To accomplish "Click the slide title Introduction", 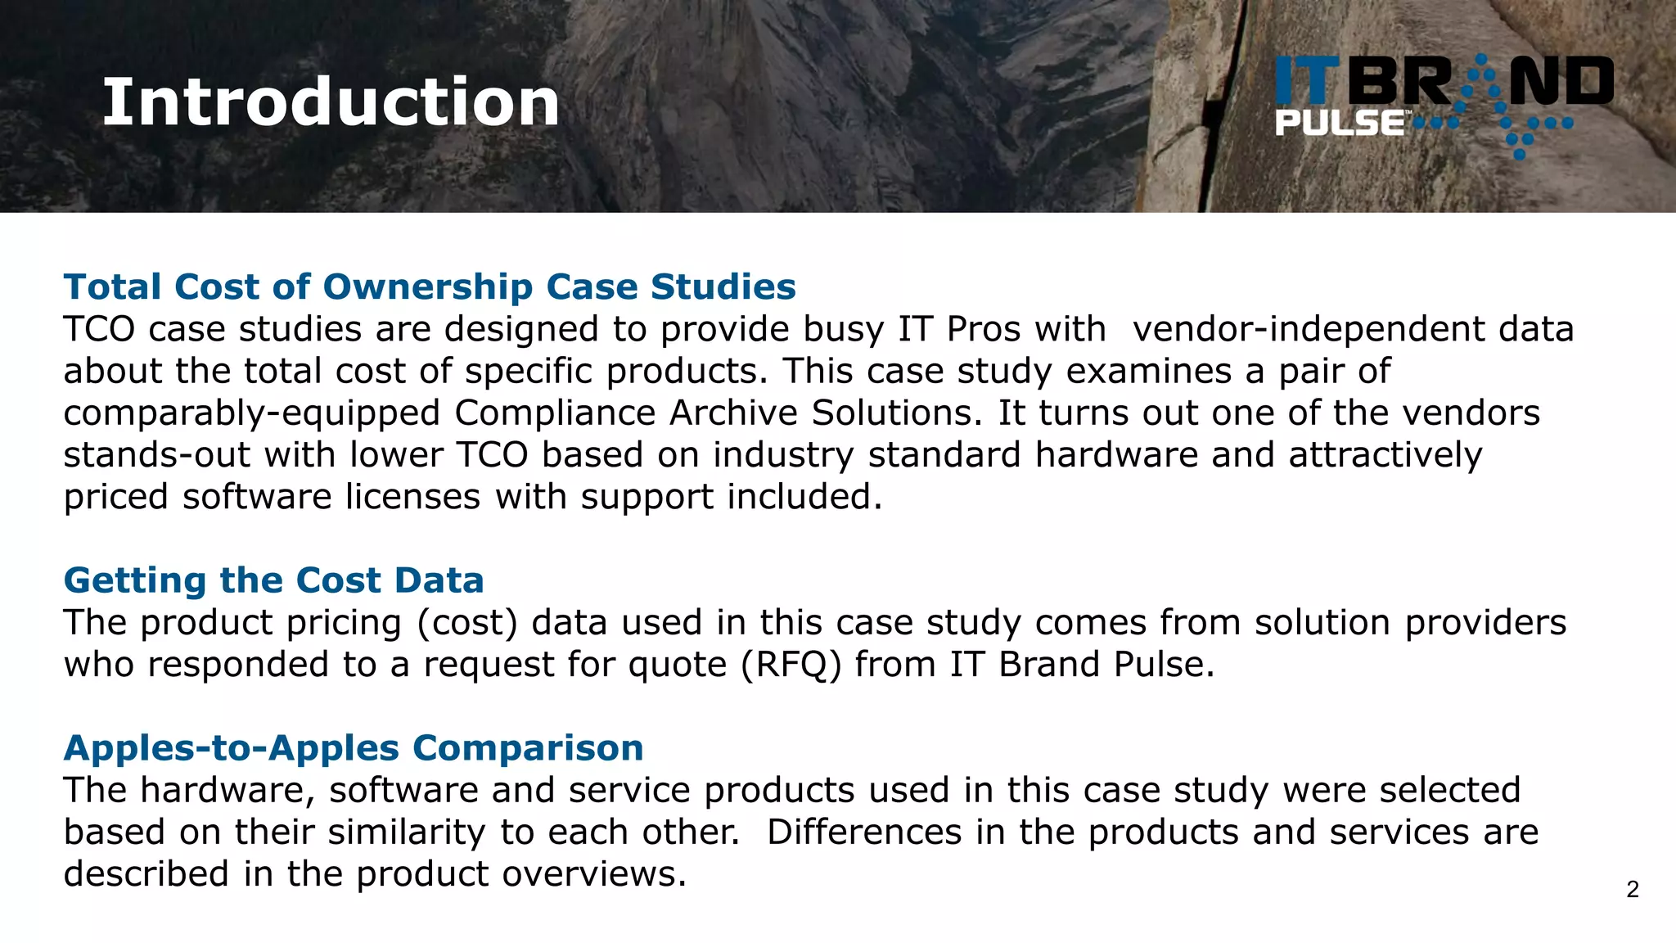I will click(331, 102).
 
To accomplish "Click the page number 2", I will click(1632, 890).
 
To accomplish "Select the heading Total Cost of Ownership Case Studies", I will click(430, 287).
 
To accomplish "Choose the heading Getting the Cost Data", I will click(273, 580).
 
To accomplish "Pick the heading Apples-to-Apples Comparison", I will click(354, 748).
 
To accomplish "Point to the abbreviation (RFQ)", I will click(791, 665).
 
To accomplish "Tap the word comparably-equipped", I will click(252, 413).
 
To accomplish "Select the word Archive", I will click(733, 413).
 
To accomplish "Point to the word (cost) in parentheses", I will click(467, 623).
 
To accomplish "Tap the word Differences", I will click(864, 832).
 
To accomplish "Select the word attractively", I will click(1385, 455).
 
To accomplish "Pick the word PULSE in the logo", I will click(1340, 124).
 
